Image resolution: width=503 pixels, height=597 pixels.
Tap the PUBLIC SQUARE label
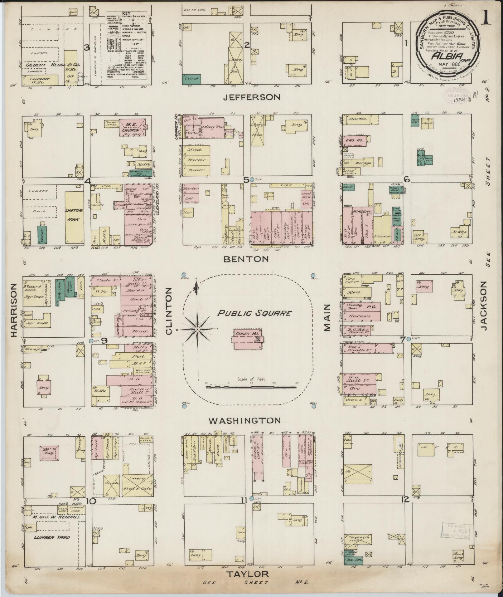click(x=254, y=313)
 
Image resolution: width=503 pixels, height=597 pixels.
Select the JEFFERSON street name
click(x=252, y=97)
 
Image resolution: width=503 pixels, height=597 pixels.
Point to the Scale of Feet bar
click(x=251, y=387)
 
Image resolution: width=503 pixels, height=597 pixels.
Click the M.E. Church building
click(x=133, y=129)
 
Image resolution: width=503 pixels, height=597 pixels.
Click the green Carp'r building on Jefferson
click(x=191, y=80)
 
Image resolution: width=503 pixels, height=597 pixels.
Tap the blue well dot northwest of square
click(x=184, y=275)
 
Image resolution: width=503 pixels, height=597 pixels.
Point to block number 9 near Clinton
click(x=104, y=341)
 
